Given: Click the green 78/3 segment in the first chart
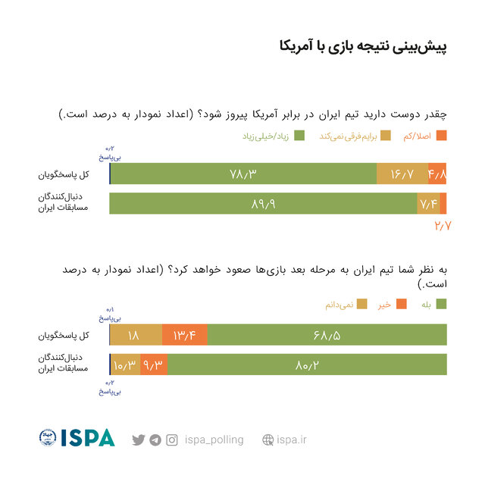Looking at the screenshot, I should click(x=243, y=174).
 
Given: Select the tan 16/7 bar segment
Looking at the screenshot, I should click(x=402, y=174).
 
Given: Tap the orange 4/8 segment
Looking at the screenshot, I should click(x=437, y=174).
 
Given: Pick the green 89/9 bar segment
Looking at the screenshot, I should click(x=263, y=203).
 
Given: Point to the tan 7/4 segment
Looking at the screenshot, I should click(x=427, y=203).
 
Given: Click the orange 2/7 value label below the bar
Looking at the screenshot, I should click(x=443, y=225).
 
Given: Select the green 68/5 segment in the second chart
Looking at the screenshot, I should click(x=327, y=335).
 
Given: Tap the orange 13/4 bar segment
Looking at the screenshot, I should click(x=185, y=335).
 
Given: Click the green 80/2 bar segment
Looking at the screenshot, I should click(x=306, y=365).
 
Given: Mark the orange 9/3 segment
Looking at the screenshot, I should click(x=153, y=365).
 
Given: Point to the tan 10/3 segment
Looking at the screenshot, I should click(x=125, y=365).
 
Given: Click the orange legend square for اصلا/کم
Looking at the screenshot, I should click(x=443, y=136).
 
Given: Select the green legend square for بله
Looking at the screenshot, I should click(x=442, y=304).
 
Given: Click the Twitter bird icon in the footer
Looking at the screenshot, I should click(x=138, y=440).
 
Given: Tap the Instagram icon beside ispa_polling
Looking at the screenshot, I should click(x=172, y=440).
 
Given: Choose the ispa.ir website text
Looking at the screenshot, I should click(x=292, y=440).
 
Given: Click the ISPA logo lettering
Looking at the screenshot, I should click(x=87, y=438).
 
